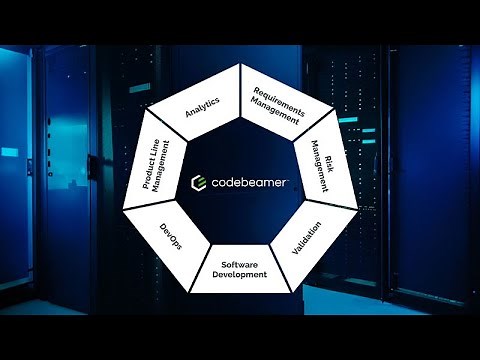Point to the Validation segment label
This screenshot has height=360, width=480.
[307, 236]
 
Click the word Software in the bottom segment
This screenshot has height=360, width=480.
[240, 265]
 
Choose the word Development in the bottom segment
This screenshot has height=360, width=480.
[240, 274]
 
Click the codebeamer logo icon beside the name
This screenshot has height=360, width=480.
[198, 182]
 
